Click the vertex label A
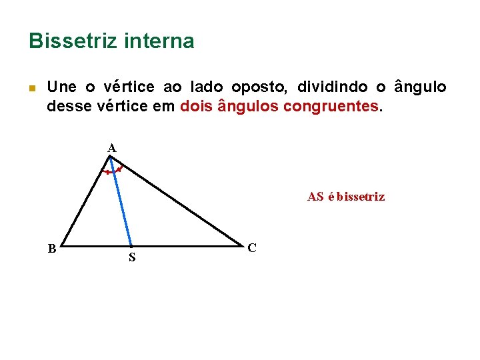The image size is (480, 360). pyautogui.click(x=111, y=148)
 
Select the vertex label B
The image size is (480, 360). pyautogui.click(x=51, y=249)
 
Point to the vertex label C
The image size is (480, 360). pyautogui.click(x=251, y=248)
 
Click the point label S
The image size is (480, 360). pyautogui.click(x=132, y=257)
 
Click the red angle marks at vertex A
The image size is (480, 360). pyautogui.click(x=112, y=171)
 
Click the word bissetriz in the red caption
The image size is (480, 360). pyautogui.click(x=361, y=197)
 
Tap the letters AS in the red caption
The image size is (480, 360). pyautogui.click(x=315, y=197)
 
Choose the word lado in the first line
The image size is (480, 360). pyautogui.click(x=206, y=87)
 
